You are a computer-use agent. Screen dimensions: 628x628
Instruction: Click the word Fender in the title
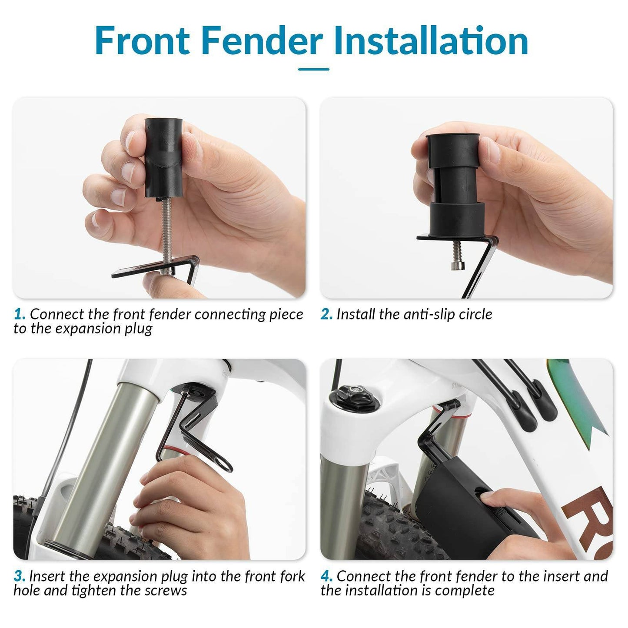tap(262, 41)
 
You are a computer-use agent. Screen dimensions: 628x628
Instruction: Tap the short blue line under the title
tap(314, 69)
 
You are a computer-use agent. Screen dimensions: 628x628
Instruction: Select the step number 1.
tap(19, 314)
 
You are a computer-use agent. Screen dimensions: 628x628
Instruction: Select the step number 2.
tap(326, 314)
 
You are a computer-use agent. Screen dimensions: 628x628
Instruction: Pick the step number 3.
tap(20, 576)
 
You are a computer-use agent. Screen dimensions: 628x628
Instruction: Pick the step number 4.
tap(326, 576)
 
